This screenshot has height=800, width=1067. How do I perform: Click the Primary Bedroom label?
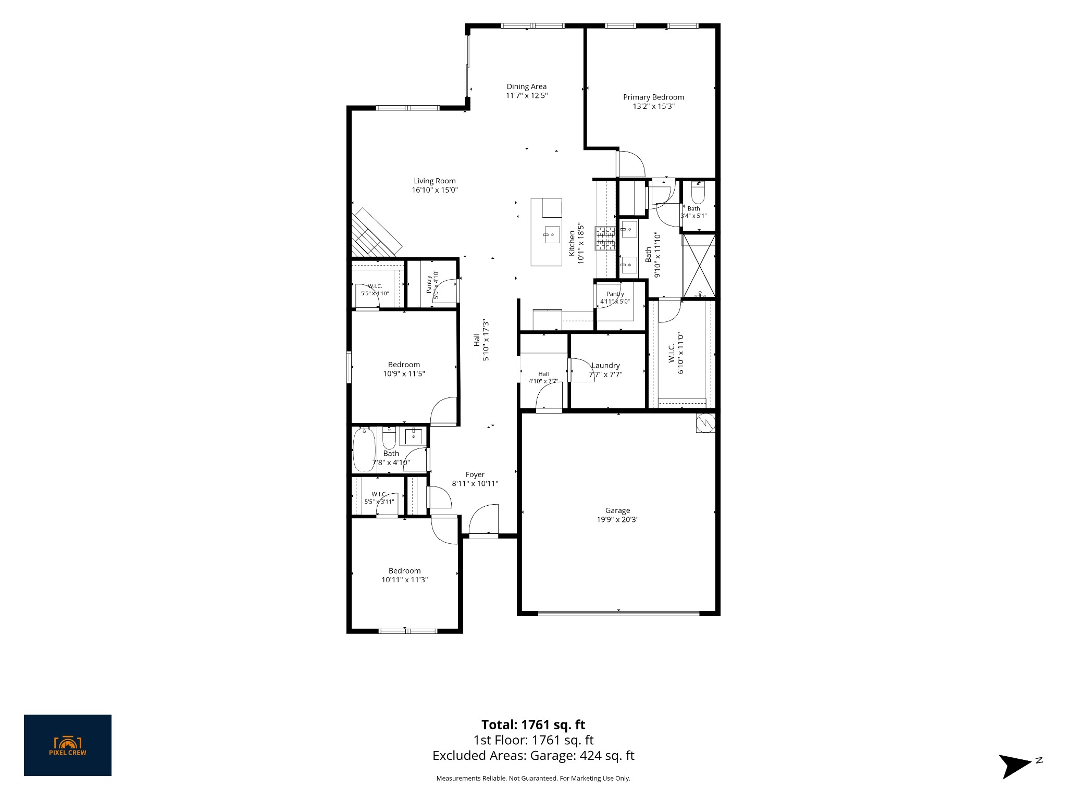pyautogui.click(x=653, y=97)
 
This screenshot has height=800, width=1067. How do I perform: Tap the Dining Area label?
pyautogui.click(x=527, y=86)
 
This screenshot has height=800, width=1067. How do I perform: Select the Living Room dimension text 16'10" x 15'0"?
pyautogui.click(x=435, y=190)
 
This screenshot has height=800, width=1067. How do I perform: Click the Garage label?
pyautogui.click(x=617, y=510)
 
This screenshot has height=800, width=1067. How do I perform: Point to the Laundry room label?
pyautogui.click(x=605, y=366)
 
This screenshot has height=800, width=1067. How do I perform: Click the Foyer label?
pyautogui.click(x=475, y=474)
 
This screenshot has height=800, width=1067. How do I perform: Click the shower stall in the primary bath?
pyautogui.click(x=699, y=266)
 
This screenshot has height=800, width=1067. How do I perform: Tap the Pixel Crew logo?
pyautogui.click(x=68, y=745)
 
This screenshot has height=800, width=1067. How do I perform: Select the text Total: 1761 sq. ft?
pyautogui.click(x=533, y=724)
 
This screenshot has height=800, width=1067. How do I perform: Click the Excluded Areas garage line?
pyautogui.click(x=533, y=756)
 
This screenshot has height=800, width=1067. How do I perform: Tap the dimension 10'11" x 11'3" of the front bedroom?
pyautogui.click(x=404, y=580)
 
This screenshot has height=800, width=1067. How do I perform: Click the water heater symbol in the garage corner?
pyautogui.click(x=705, y=423)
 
